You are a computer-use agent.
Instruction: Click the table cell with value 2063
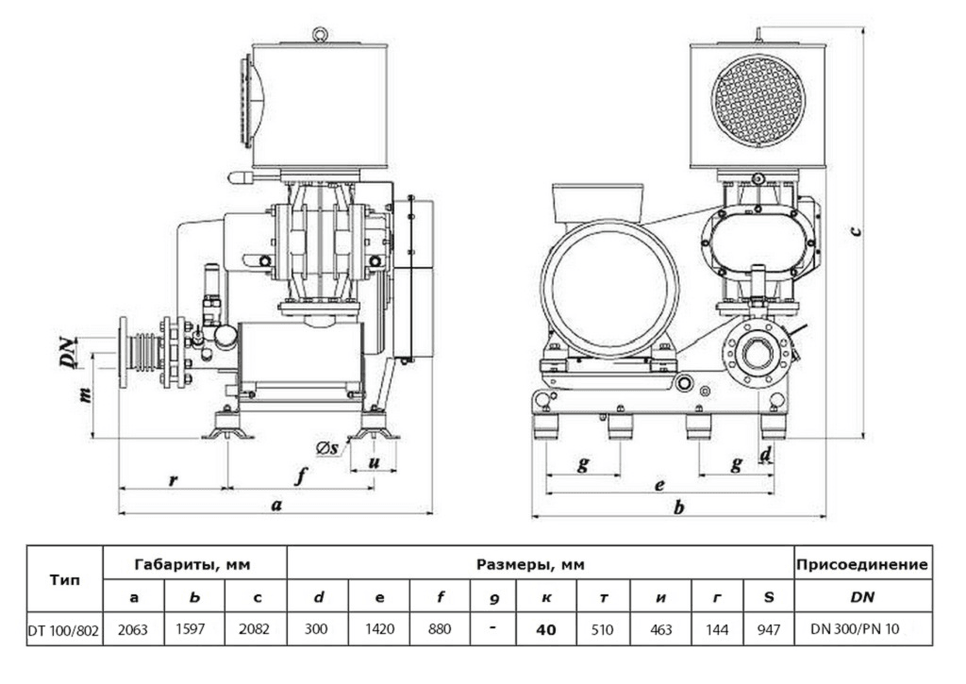click(x=133, y=628)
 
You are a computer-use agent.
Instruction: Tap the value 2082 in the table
click(x=256, y=628)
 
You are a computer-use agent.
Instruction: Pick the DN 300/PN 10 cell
click(x=862, y=628)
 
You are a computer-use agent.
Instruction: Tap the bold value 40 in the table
click(x=545, y=628)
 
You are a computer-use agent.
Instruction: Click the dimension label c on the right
click(x=854, y=231)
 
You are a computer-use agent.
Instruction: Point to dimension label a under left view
click(x=275, y=505)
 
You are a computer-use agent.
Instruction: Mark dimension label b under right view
click(x=678, y=507)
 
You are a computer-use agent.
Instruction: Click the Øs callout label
click(x=328, y=448)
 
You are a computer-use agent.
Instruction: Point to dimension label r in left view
click(x=173, y=479)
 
